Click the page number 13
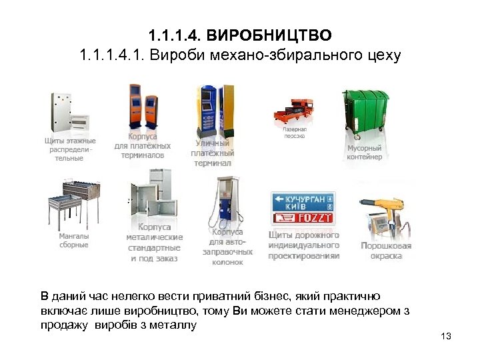(446, 336)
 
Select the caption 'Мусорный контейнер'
(365, 152)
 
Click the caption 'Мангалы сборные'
(73, 240)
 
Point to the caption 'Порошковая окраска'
(386, 250)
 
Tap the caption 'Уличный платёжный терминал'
(211, 153)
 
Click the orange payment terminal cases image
(143, 108)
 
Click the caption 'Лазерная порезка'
(293, 132)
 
